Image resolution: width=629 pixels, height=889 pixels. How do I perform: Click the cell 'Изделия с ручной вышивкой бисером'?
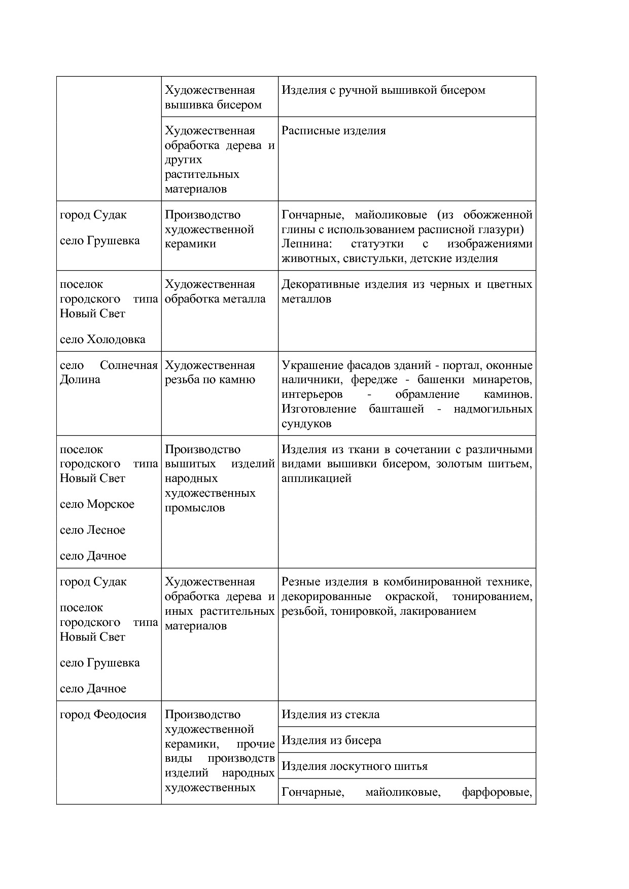coord(383,90)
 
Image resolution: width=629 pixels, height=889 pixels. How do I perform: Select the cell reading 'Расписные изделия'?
coord(333,131)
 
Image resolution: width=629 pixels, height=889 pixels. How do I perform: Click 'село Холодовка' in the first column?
coord(102,339)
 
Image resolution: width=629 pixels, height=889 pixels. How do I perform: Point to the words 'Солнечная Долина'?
coord(109,373)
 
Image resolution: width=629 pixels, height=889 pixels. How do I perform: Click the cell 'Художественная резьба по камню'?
coord(209,373)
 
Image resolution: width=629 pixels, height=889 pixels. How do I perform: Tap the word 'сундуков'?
coord(306,424)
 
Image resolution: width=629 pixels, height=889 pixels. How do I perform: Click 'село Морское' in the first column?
coord(97,504)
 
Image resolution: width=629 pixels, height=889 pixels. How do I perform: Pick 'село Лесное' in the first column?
coord(92,530)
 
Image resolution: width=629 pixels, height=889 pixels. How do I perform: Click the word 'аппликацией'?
coord(316,478)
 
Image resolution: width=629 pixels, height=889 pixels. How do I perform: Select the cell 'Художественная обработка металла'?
coord(215,291)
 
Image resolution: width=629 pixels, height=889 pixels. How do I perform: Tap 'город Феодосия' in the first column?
coord(103,714)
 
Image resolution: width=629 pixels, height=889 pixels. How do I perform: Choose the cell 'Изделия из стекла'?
coord(330,714)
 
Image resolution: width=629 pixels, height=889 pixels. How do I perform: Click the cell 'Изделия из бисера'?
coord(331,740)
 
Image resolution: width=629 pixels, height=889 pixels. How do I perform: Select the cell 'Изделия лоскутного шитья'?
coord(354,766)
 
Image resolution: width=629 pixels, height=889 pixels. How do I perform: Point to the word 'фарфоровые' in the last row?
coord(497,792)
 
